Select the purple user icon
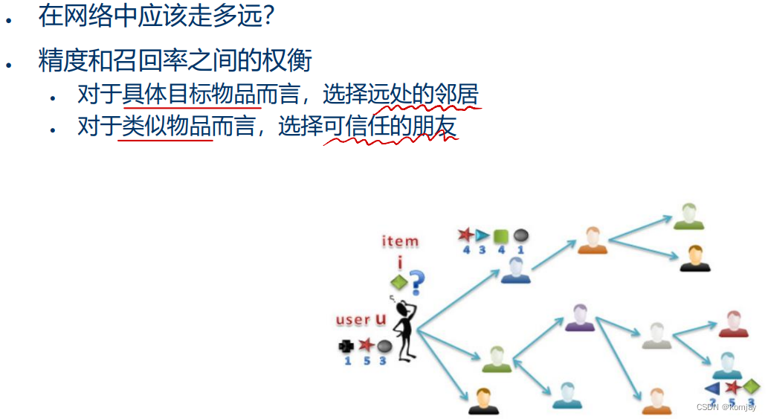click(579, 318)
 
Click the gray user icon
click(656, 336)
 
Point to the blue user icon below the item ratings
click(515, 270)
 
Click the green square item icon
click(501, 236)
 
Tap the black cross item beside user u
click(346, 345)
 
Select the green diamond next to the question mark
click(399, 282)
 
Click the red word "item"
click(400, 241)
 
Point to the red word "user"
click(353, 320)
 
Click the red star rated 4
click(466, 236)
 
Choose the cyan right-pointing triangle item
click(483, 236)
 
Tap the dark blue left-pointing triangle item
click(712, 388)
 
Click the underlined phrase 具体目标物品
click(192, 95)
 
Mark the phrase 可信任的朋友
click(390, 127)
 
